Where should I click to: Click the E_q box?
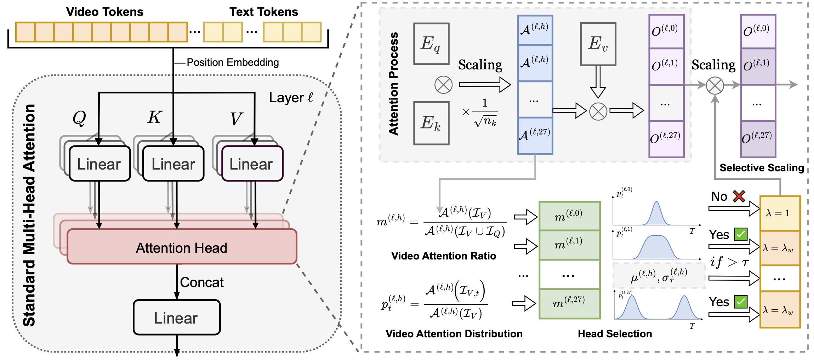[431, 44]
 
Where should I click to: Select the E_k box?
[431, 123]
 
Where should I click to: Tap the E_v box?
[598, 44]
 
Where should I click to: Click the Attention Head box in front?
[182, 247]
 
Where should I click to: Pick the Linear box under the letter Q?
[99, 164]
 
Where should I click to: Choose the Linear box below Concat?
[176, 318]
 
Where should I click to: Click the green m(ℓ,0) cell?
[569, 216]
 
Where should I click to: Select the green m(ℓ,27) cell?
[569, 303]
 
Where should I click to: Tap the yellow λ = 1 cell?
[780, 213]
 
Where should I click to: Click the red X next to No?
[739, 196]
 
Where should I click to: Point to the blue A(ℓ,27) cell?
[535, 136]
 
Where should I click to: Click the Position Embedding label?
[233, 62]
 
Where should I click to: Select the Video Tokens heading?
[105, 12]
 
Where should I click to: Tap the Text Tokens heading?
[264, 12]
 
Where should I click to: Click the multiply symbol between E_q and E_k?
[443, 85]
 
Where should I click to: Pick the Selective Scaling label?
[762, 168]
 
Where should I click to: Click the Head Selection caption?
[615, 334]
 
